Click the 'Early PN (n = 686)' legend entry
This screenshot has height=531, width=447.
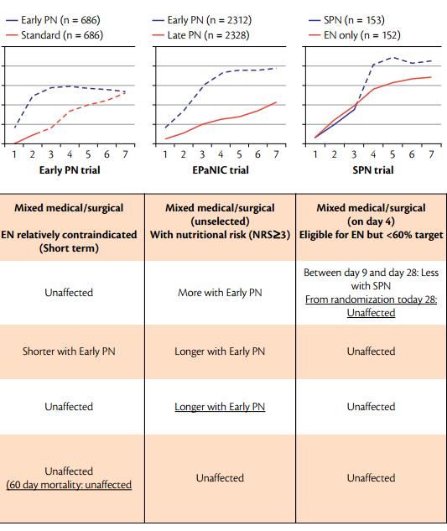tap(53, 20)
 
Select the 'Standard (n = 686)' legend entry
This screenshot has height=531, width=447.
tap(55, 35)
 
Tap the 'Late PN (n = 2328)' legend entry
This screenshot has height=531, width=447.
tap(200, 35)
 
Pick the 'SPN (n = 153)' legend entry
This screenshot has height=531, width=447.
tap(346, 20)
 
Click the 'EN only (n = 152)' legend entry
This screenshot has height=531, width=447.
tap(355, 35)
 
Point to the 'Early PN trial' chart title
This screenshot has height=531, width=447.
tap(70, 170)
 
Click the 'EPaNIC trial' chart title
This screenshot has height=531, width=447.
tap(221, 170)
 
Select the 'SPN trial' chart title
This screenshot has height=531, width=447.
tap(373, 170)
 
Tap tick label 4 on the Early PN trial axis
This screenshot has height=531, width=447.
tap(70, 154)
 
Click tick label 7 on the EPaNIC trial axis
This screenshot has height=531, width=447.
tap(276, 154)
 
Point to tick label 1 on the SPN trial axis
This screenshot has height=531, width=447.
tap(315, 154)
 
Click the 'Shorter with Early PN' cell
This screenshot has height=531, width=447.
tap(69, 351)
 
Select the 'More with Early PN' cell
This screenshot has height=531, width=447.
tap(220, 293)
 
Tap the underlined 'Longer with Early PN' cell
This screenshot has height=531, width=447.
tap(220, 407)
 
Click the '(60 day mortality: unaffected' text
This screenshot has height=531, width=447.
tap(69, 485)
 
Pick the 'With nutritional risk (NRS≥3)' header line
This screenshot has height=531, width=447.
tap(220, 235)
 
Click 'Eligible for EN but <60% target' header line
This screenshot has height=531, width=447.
tap(372, 235)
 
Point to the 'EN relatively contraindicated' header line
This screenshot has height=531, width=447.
tap(69, 235)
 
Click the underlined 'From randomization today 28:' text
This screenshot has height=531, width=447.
tap(372, 299)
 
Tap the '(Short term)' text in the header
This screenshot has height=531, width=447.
tap(69, 248)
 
